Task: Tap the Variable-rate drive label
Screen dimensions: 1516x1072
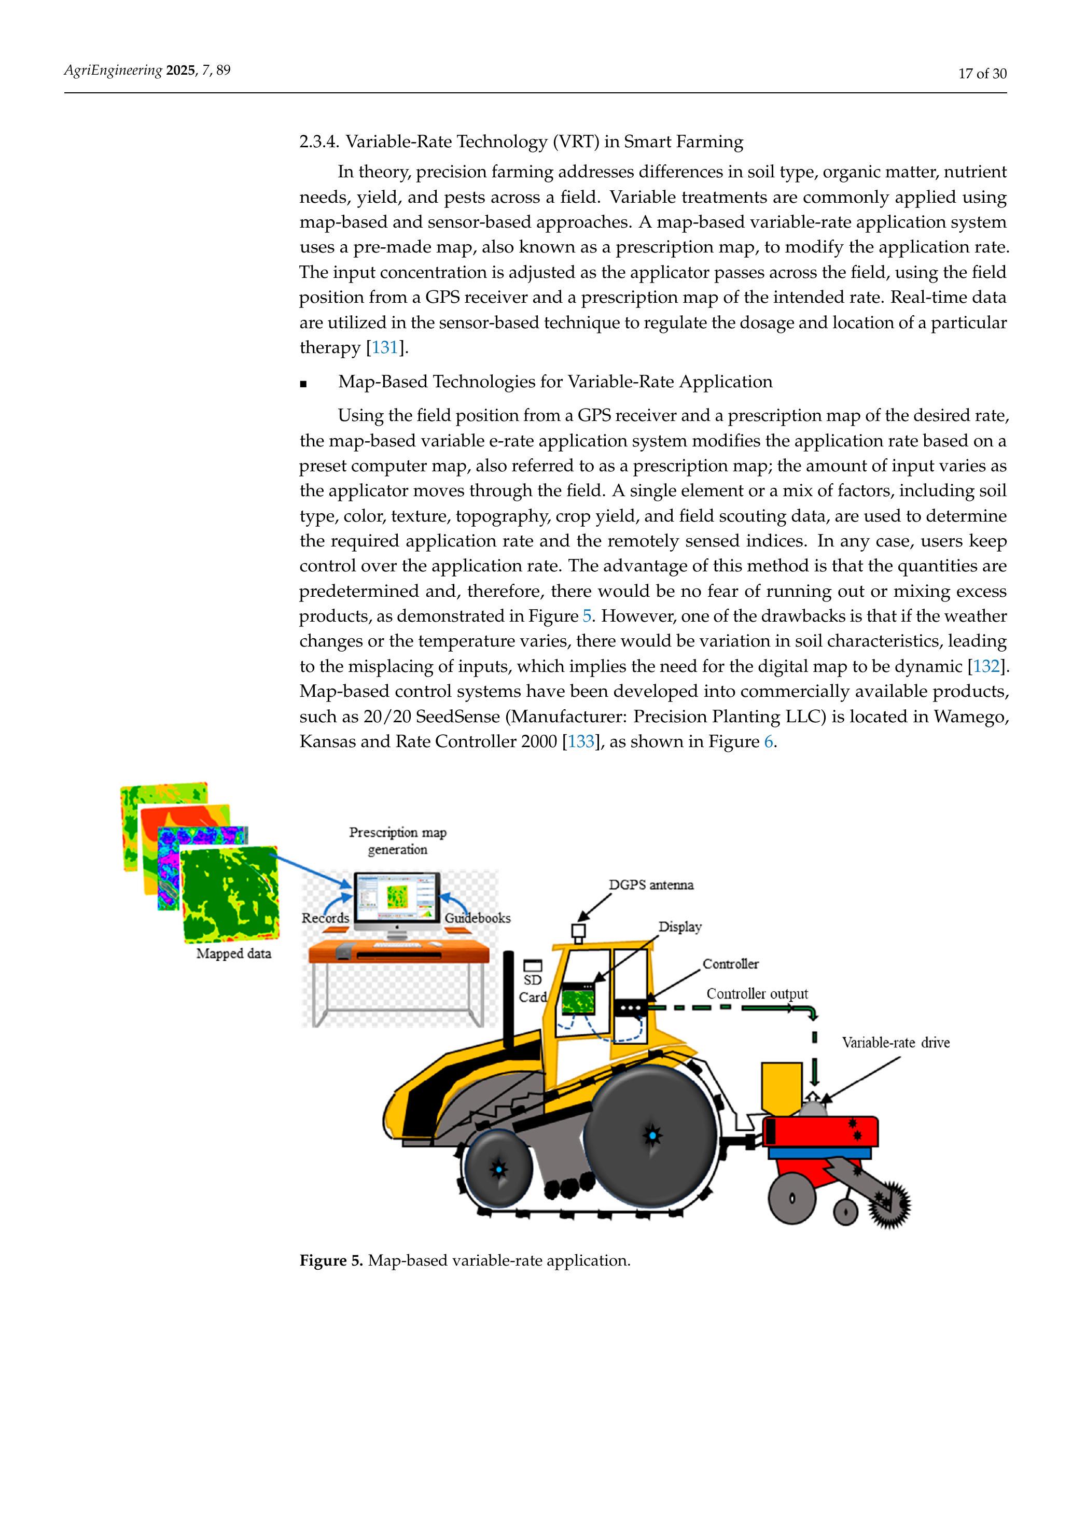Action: pyautogui.click(x=895, y=1043)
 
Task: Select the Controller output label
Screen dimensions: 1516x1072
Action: pyautogui.click(x=757, y=994)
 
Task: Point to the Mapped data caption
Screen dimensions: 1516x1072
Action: pyautogui.click(x=234, y=953)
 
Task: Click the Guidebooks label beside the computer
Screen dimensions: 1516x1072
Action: pyautogui.click(x=477, y=918)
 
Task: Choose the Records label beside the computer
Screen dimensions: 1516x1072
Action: pyautogui.click(x=326, y=918)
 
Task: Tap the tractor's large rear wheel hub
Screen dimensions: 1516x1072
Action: pyautogui.click(x=652, y=1135)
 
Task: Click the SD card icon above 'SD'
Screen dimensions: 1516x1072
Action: pyautogui.click(x=532, y=965)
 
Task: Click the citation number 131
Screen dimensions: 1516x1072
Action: pyautogui.click(x=384, y=348)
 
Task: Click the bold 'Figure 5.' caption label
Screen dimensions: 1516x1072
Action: pyautogui.click(x=331, y=1260)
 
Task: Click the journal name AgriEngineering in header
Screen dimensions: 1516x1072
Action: pyautogui.click(x=113, y=71)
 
